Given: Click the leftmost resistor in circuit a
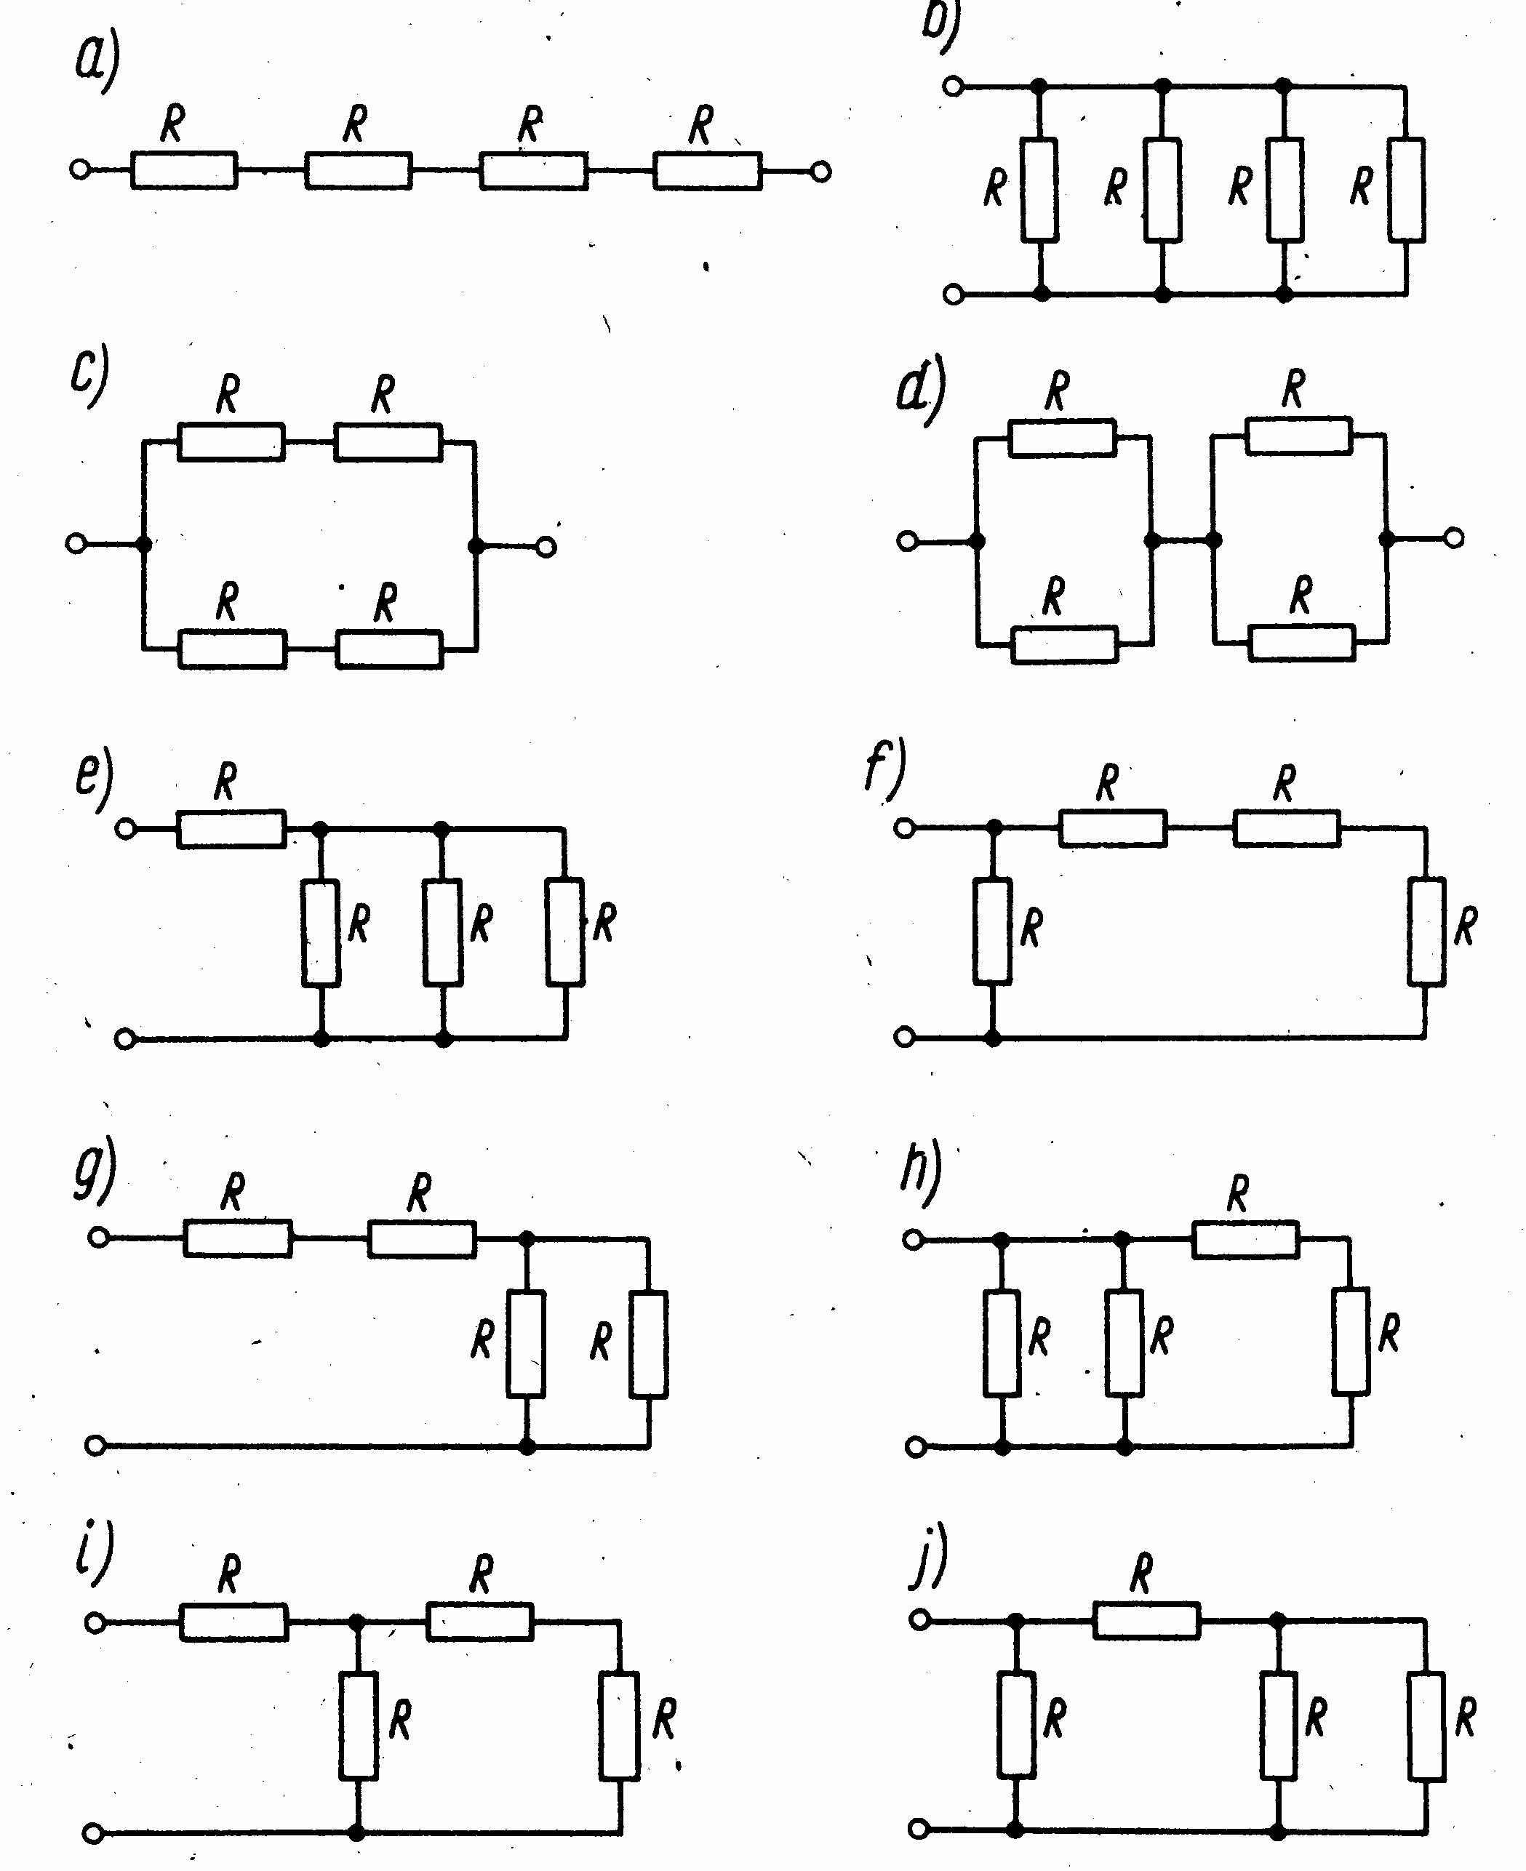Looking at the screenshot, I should pyautogui.click(x=184, y=169).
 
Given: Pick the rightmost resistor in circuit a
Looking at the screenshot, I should pyautogui.click(x=708, y=170).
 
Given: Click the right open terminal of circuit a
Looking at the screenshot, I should pyautogui.click(x=821, y=172).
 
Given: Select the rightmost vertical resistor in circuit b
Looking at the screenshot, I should pyautogui.click(x=1407, y=189).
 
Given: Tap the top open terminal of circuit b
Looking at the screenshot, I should pyautogui.click(x=954, y=86).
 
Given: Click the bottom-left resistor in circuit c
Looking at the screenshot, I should pyautogui.click(x=232, y=649).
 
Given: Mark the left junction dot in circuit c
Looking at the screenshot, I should pyautogui.click(x=144, y=545).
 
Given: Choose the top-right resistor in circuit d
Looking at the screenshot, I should pyautogui.click(x=1299, y=436).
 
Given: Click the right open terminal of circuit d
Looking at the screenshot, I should pyautogui.click(x=1455, y=538).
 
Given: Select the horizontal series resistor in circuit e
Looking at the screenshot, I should pyautogui.click(x=232, y=829).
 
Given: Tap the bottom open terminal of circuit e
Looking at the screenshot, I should pyautogui.click(x=126, y=1039).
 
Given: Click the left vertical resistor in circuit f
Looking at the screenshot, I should pyautogui.click(x=992, y=930).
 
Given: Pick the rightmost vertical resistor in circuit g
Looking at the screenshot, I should pyautogui.click(x=649, y=1344).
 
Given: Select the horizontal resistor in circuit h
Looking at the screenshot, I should pyautogui.click(x=1245, y=1239).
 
